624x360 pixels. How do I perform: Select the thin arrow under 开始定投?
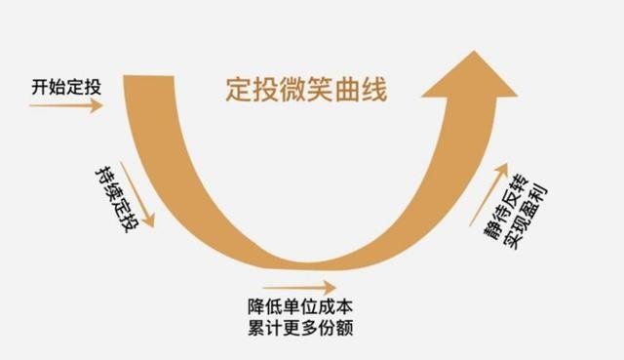65,105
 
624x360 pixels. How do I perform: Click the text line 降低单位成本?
298,304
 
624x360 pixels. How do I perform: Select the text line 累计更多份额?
298,327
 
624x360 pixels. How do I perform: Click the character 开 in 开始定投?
37,86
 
